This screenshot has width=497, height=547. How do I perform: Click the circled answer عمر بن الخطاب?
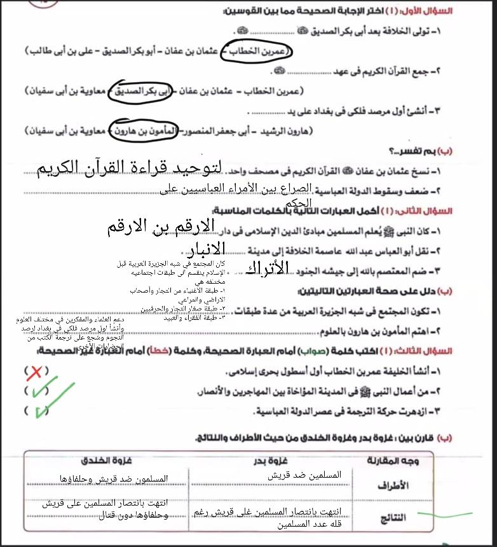click(x=257, y=51)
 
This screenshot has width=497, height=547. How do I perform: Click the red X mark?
click(x=36, y=372)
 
